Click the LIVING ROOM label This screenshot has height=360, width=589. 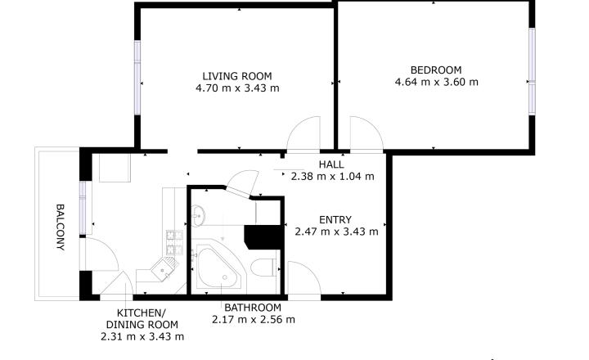237,76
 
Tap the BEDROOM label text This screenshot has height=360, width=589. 436,70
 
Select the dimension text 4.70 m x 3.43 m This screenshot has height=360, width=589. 237,88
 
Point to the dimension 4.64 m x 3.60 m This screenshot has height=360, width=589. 437,82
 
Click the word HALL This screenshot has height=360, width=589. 331,164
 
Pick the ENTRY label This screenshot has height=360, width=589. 335,220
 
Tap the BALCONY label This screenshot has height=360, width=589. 60,227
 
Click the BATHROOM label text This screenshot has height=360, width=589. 253,308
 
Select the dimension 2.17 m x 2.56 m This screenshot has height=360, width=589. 253,320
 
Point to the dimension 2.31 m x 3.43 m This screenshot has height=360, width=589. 142,336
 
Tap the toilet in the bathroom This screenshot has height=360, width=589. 263,268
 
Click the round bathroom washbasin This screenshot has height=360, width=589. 198,216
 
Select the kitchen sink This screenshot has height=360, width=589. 165,268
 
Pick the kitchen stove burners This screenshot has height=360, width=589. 175,242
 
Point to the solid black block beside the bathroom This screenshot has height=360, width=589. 263,237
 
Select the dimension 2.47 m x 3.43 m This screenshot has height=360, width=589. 336,232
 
